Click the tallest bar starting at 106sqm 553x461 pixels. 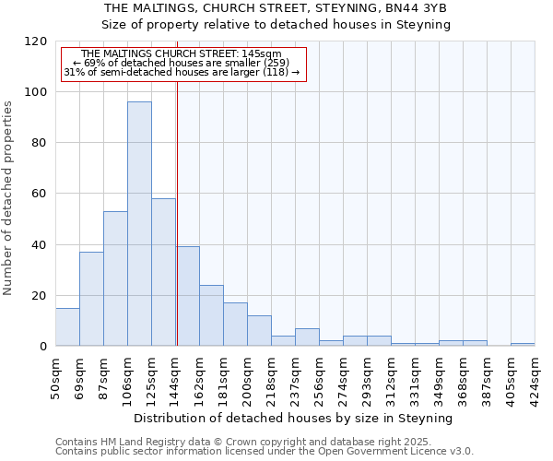[139, 224]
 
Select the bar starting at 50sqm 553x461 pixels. [67, 327]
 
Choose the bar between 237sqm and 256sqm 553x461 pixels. [307, 337]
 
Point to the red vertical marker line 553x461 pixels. [177, 212]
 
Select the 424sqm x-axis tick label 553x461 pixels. [535, 375]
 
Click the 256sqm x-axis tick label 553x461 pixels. [320, 375]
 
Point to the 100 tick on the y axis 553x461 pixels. [36, 92]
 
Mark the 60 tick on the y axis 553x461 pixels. [40, 194]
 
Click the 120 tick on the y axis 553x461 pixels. [36, 41]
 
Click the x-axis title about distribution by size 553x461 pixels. [294, 418]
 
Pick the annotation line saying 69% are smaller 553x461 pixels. [181, 63]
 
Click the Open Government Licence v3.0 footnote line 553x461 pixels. [265, 452]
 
